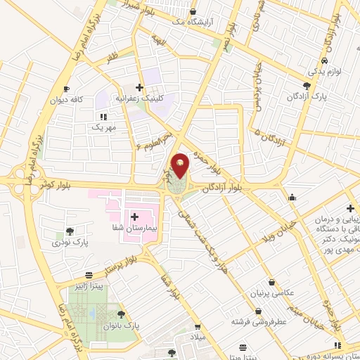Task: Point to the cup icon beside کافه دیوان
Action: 67,89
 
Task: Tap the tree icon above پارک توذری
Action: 69,231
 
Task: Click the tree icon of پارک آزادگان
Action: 307,85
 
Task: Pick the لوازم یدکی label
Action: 323,72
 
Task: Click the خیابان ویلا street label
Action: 278,226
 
